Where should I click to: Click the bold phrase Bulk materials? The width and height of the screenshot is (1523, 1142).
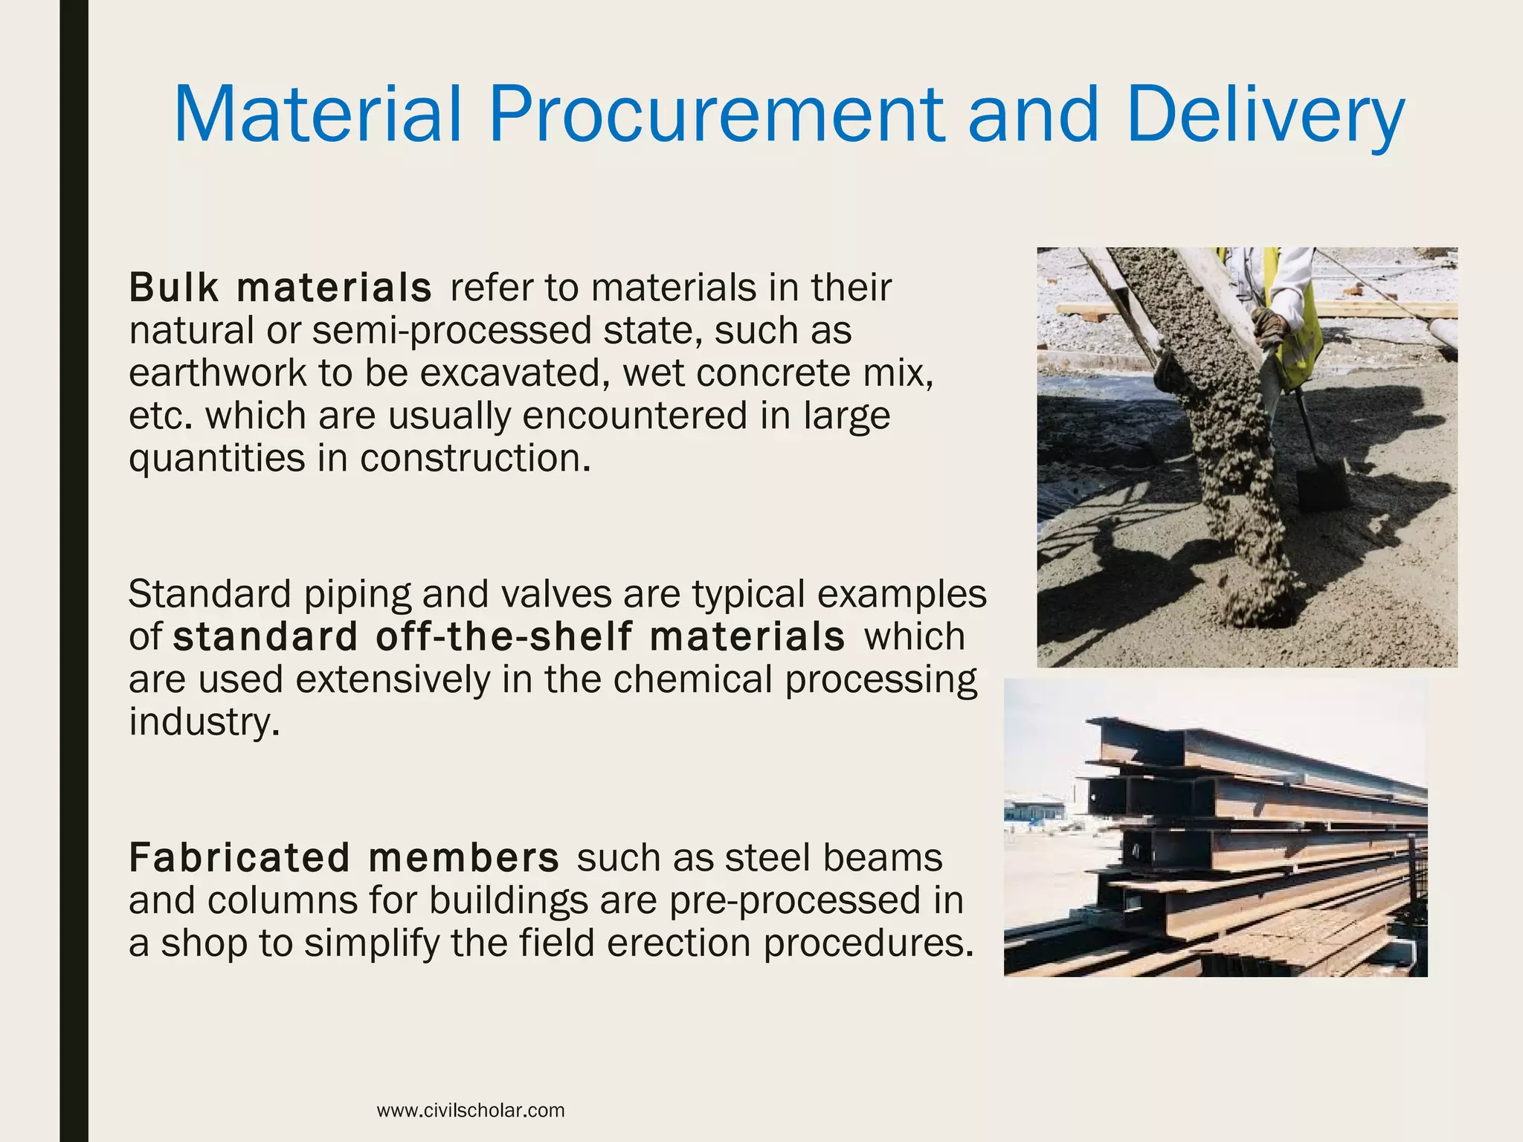280,288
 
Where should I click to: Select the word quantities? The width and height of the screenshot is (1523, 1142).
216,459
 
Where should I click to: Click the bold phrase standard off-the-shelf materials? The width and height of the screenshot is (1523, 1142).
509,637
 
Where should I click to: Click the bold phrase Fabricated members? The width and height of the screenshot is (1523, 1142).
344,857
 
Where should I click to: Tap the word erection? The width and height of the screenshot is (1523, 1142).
679,943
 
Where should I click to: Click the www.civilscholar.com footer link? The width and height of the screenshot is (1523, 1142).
471,1110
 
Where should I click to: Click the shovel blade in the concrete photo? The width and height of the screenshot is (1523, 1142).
1322,483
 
